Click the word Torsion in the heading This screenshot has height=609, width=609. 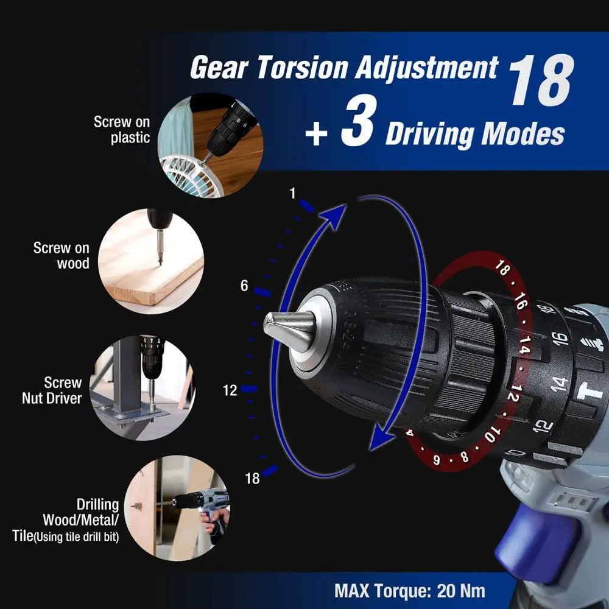[298, 68]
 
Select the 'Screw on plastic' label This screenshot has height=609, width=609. [121, 130]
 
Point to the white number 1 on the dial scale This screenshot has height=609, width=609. [292, 194]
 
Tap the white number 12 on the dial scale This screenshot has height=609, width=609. [230, 391]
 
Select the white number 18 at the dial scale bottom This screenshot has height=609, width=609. [252, 478]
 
